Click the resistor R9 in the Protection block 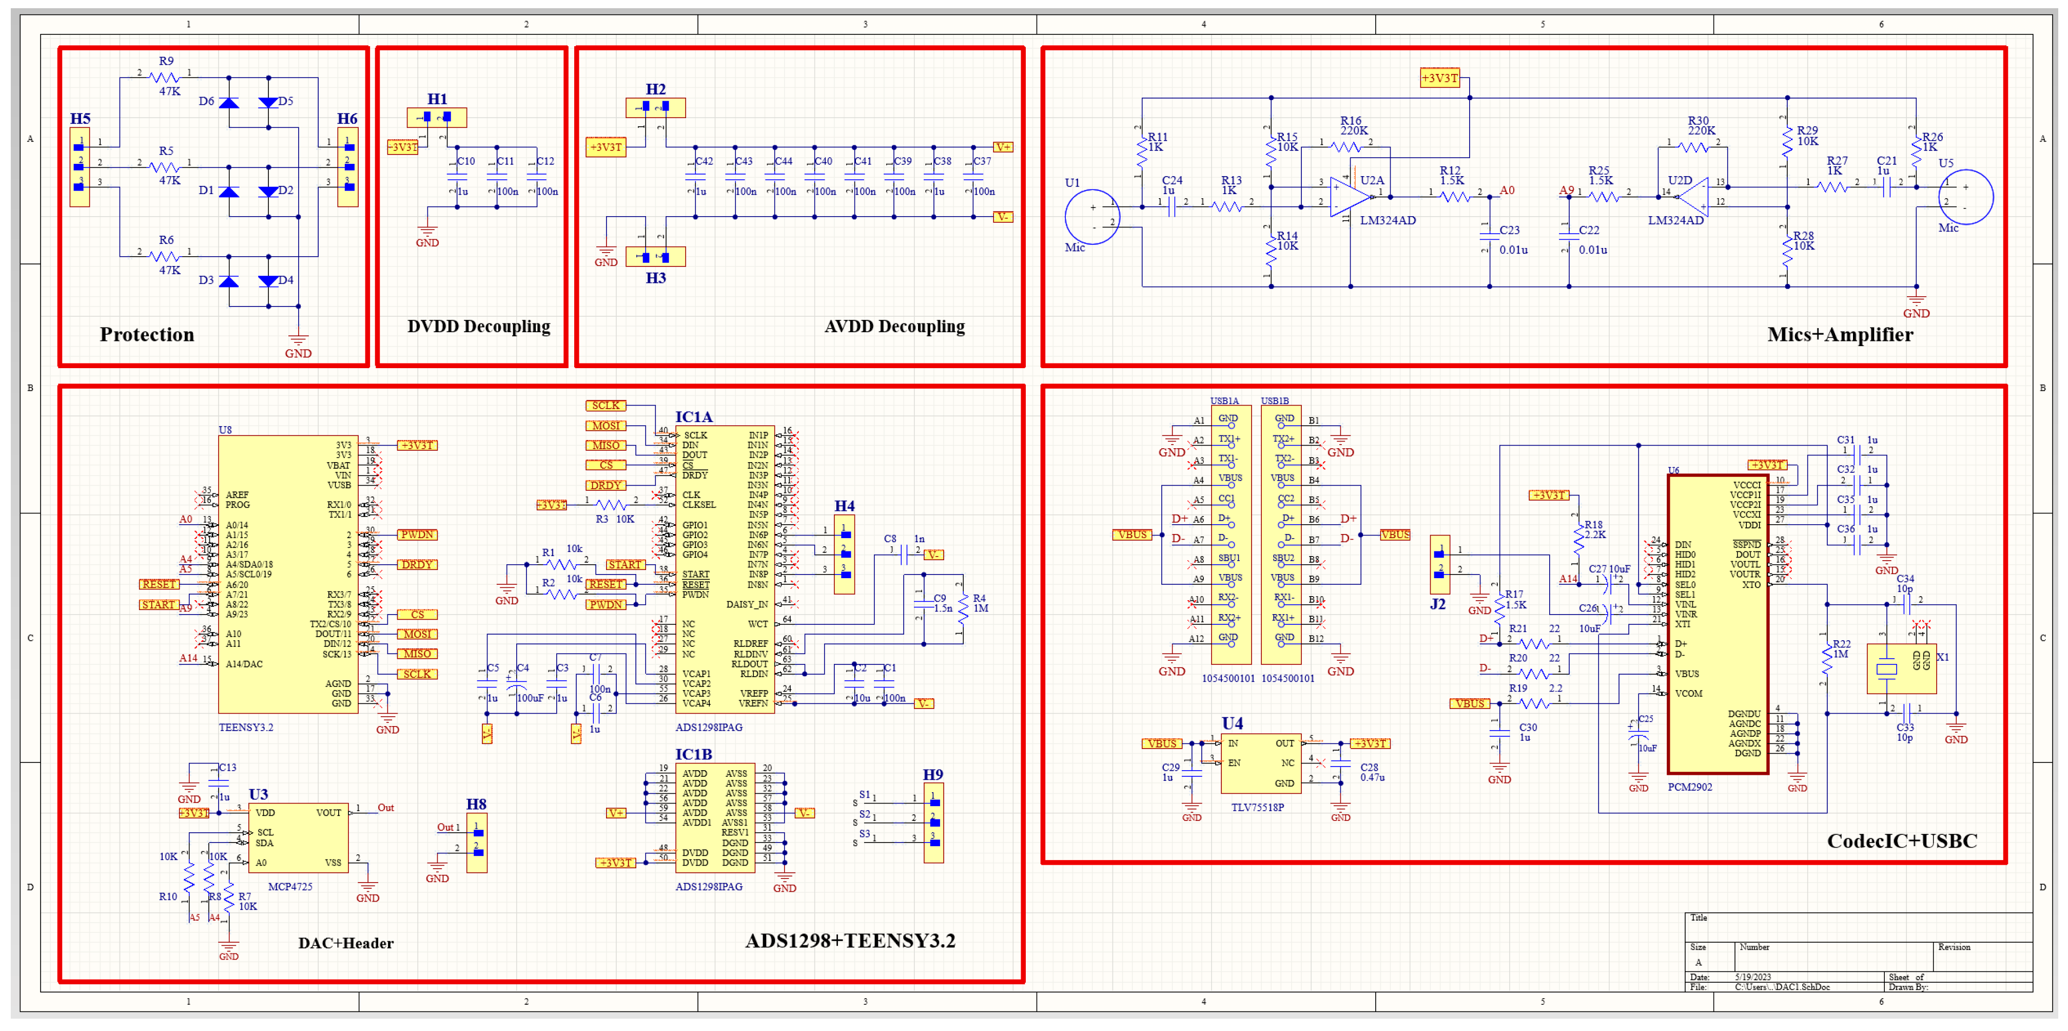pos(165,78)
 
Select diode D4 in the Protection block pos(268,281)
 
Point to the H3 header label pos(655,278)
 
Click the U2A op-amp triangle pos(1349,197)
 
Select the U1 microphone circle pos(1092,217)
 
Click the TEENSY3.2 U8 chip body pos(287,574)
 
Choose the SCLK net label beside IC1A pos(606,406)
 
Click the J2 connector pos(1439,564)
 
